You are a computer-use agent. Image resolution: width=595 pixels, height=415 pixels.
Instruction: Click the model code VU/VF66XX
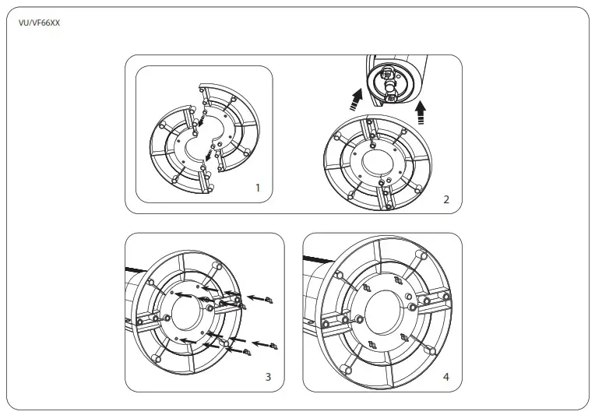pos(39,23)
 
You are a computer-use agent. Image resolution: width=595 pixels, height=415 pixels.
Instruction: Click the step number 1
pos(257,188)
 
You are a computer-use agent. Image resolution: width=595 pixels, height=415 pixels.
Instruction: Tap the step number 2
pos(446,199)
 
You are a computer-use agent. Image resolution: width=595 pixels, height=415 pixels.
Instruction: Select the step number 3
pos(268,377)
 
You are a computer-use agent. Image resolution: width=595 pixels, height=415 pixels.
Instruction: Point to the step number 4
pos(446,377)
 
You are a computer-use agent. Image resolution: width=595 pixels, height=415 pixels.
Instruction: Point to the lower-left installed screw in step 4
pos(371,344)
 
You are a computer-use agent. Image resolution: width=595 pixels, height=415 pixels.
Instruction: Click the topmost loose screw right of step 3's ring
pos(269,299)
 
